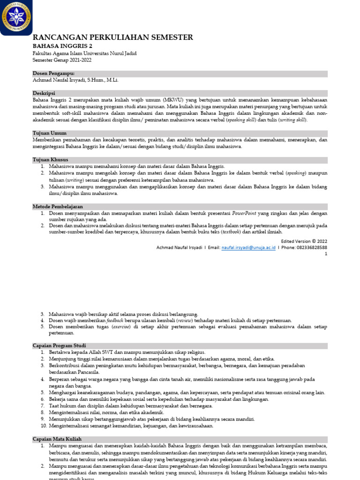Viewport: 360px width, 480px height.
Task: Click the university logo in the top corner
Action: (16, 17)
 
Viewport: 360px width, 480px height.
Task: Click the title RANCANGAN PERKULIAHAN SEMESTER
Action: (112, 37)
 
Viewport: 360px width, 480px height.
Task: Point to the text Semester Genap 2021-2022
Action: (62, 60)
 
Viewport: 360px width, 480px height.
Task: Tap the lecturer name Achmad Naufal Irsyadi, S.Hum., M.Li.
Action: (75, 80)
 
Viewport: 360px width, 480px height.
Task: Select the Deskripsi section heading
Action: (44, 93)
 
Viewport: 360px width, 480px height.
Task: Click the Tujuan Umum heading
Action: (49, 133)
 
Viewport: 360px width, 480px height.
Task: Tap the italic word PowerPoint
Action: (244, 213)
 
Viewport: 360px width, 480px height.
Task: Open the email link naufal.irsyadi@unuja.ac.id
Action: (248, 247)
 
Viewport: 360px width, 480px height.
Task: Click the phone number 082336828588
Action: (310, 247)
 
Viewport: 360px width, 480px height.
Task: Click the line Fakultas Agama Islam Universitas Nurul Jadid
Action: (84, 53)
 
